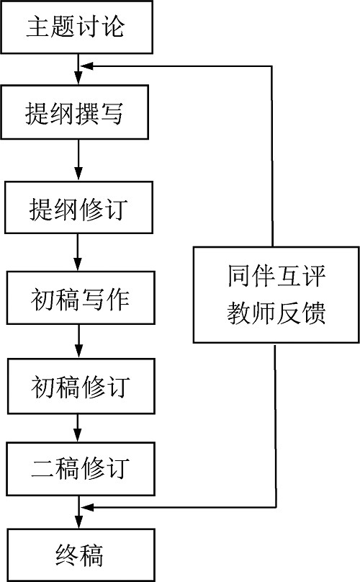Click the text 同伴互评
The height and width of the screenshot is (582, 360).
(x=276, y=277)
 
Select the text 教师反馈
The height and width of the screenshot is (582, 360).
(x=276, y=313)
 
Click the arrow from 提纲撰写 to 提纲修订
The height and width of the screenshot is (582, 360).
(x=78, y=160)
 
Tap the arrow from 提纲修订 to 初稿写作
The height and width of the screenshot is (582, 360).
(x=78, y=252)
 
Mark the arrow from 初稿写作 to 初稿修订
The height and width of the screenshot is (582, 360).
(x=78, y=341)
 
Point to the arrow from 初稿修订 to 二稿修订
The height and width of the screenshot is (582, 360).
(x=78, y=428)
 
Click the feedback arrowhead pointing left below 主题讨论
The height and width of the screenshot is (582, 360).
(x=87, y=66)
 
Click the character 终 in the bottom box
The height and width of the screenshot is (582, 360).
(x=67, y=555)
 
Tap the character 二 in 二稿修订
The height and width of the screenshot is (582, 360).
(x=42, y=469)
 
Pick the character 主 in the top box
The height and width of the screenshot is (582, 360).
(x=38, y=27)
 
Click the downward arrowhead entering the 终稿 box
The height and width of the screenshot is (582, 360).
(x=79, y=521)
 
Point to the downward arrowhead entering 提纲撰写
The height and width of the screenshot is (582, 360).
(x=78, y=78)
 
